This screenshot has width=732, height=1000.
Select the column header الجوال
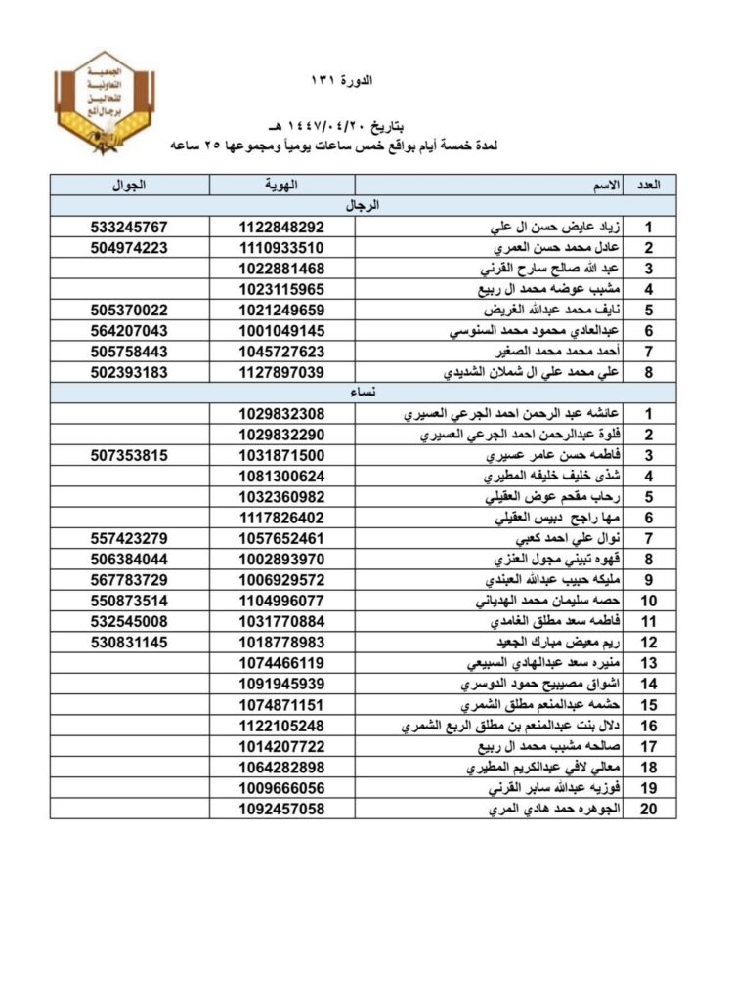pyautogui.click(x=130, y=185)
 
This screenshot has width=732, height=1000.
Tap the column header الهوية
pyautogui.click(x=281, y=185)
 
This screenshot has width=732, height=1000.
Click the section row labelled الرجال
pyautogui.click(x=364, y=205)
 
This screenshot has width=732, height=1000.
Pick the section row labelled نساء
pyautogui.click(x=364, y=391)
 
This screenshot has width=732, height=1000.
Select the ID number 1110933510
pyautogui.click(x=281, y=247)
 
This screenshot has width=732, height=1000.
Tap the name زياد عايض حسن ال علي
pyautogui.click(x=556, y=227)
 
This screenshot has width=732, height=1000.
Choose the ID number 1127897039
pyautogui.click(x=281, y=371)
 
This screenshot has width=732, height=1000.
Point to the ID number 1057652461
pyautogui.click(x=281, y=538)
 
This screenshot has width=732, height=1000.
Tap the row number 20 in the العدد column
pyautogui.click(x=647, y=810)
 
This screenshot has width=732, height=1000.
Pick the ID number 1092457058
pyautogui.click(x=281, y=810)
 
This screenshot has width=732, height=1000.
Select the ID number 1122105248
pyautogui.click(x=281, y=726)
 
